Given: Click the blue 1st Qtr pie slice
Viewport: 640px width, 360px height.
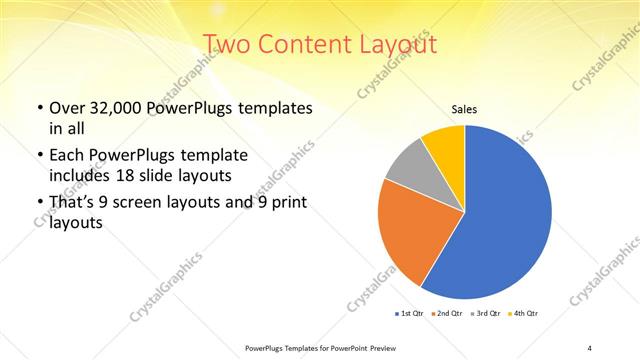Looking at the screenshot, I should (500, 220).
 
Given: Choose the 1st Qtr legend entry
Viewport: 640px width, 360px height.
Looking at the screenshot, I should (408, 314).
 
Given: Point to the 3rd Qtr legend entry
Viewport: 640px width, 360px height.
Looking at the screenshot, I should (486, 314).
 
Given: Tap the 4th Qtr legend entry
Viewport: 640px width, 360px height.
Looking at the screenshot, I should (523, 314).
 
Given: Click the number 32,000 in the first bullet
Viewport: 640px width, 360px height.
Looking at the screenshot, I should (111, 107).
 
